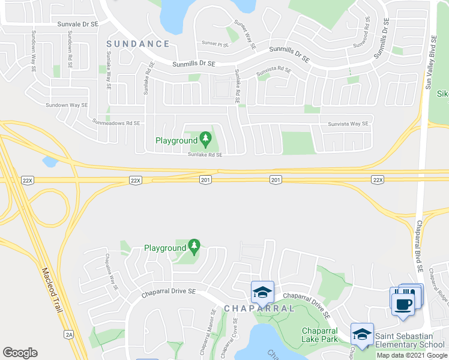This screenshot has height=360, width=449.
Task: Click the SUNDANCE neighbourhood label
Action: click(138, 44)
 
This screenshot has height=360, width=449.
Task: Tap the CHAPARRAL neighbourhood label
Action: click(259, 308)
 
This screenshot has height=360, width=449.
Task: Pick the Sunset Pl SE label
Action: click(215, 44)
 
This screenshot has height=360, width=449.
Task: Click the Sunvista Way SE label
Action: click(348, 124)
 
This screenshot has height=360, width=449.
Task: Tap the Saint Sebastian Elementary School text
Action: click(411, 340)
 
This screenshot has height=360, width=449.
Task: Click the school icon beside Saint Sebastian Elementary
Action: click(362, 334)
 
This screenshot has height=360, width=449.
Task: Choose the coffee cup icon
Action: click(402, 303)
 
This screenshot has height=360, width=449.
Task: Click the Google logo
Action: click(20, 353)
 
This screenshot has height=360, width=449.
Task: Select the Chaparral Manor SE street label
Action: click(213, 328)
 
